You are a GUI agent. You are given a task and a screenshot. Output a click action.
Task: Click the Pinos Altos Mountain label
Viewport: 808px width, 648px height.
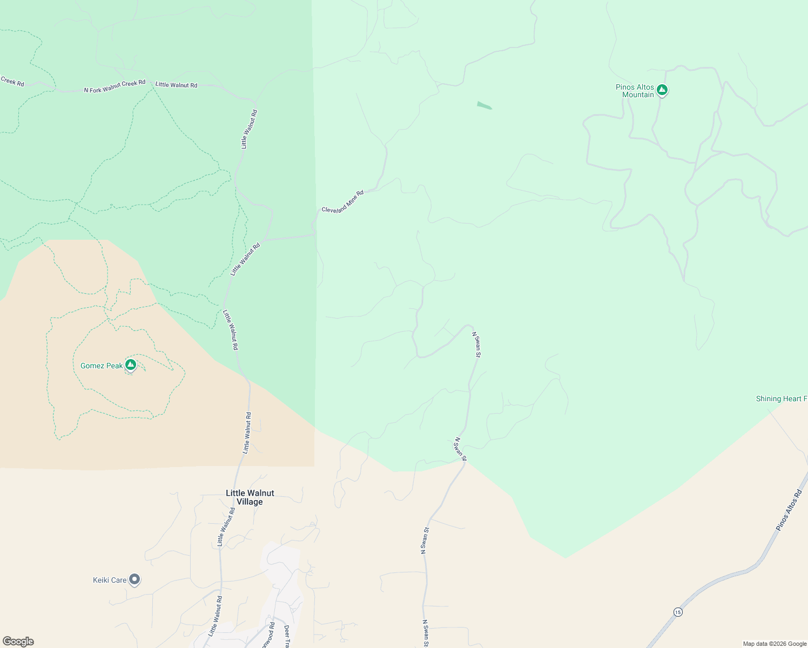click(x=635, y=91)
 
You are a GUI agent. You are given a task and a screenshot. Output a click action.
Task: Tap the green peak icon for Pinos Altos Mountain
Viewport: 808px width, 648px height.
click(x=662, y=90)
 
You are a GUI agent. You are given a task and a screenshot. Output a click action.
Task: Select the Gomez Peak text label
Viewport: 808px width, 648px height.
click(x=102, y=366)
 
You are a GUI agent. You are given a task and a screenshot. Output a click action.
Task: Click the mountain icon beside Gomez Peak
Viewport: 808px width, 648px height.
click(x=130, y=365)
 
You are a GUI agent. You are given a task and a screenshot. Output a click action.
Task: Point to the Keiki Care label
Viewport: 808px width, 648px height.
click(x=110, y=580)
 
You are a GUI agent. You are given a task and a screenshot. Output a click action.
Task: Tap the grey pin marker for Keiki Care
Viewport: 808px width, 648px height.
click(x=134, y=579)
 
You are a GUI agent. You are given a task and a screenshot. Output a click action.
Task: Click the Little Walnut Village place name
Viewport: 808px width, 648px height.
click(x=250, y=497)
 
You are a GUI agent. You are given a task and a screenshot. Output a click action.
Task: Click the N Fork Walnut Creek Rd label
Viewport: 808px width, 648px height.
click(x=115, y=86)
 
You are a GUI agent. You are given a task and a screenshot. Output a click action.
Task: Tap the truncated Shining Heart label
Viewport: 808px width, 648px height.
click(x=781, y=399)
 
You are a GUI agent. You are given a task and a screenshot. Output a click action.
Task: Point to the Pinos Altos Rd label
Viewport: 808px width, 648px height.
click(x=789, y=510)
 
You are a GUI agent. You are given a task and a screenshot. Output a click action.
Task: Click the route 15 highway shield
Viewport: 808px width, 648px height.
click(x=678, y=612)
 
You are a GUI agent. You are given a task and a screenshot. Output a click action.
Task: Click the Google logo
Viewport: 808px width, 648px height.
click(x=18, y=642)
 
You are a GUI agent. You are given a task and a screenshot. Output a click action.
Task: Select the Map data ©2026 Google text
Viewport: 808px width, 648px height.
click(x=775, y=644)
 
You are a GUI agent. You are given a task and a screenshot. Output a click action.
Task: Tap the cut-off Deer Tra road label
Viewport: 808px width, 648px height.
click(x=287, y=637)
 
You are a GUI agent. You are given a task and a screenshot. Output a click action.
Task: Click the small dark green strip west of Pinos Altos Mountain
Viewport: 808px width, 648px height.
click(x=484, y=105)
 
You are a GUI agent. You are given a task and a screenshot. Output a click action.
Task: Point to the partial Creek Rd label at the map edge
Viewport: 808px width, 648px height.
click(x=12, y=82)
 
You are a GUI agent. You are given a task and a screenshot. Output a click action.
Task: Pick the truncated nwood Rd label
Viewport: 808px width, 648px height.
click(x=268, y=636)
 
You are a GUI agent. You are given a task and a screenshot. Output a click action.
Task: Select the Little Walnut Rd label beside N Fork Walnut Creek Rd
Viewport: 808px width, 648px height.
click(x=176, y=85)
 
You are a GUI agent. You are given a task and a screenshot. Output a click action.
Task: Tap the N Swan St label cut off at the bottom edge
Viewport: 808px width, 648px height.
click(x=425, y=633)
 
